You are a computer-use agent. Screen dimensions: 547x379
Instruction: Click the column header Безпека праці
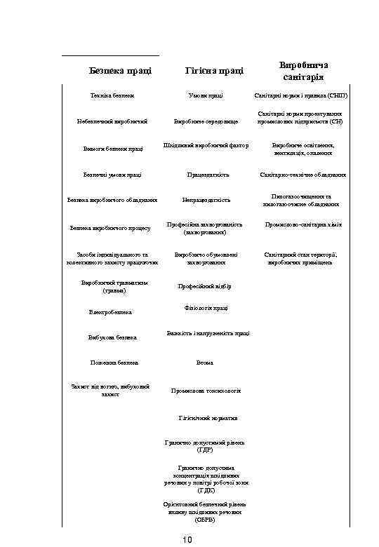point(121,70)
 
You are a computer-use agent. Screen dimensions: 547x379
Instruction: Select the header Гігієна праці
point(215,70)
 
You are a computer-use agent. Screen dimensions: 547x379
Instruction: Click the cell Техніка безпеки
point(112,95)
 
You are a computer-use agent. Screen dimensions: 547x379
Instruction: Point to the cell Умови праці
point(206,95)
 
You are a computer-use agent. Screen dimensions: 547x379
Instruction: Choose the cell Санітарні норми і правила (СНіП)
point(300,95)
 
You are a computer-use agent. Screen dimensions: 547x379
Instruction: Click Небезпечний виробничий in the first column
point(112,121)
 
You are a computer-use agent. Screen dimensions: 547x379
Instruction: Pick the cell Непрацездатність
point(206,200)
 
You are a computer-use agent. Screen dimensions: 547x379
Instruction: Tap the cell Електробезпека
point(111,312)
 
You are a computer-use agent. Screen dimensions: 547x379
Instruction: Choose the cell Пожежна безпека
point(114,363)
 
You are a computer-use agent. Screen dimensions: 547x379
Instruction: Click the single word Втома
point(204,363)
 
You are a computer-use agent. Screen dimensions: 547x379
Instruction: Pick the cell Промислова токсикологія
point(206,391)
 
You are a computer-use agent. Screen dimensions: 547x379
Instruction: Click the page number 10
point(187,539)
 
